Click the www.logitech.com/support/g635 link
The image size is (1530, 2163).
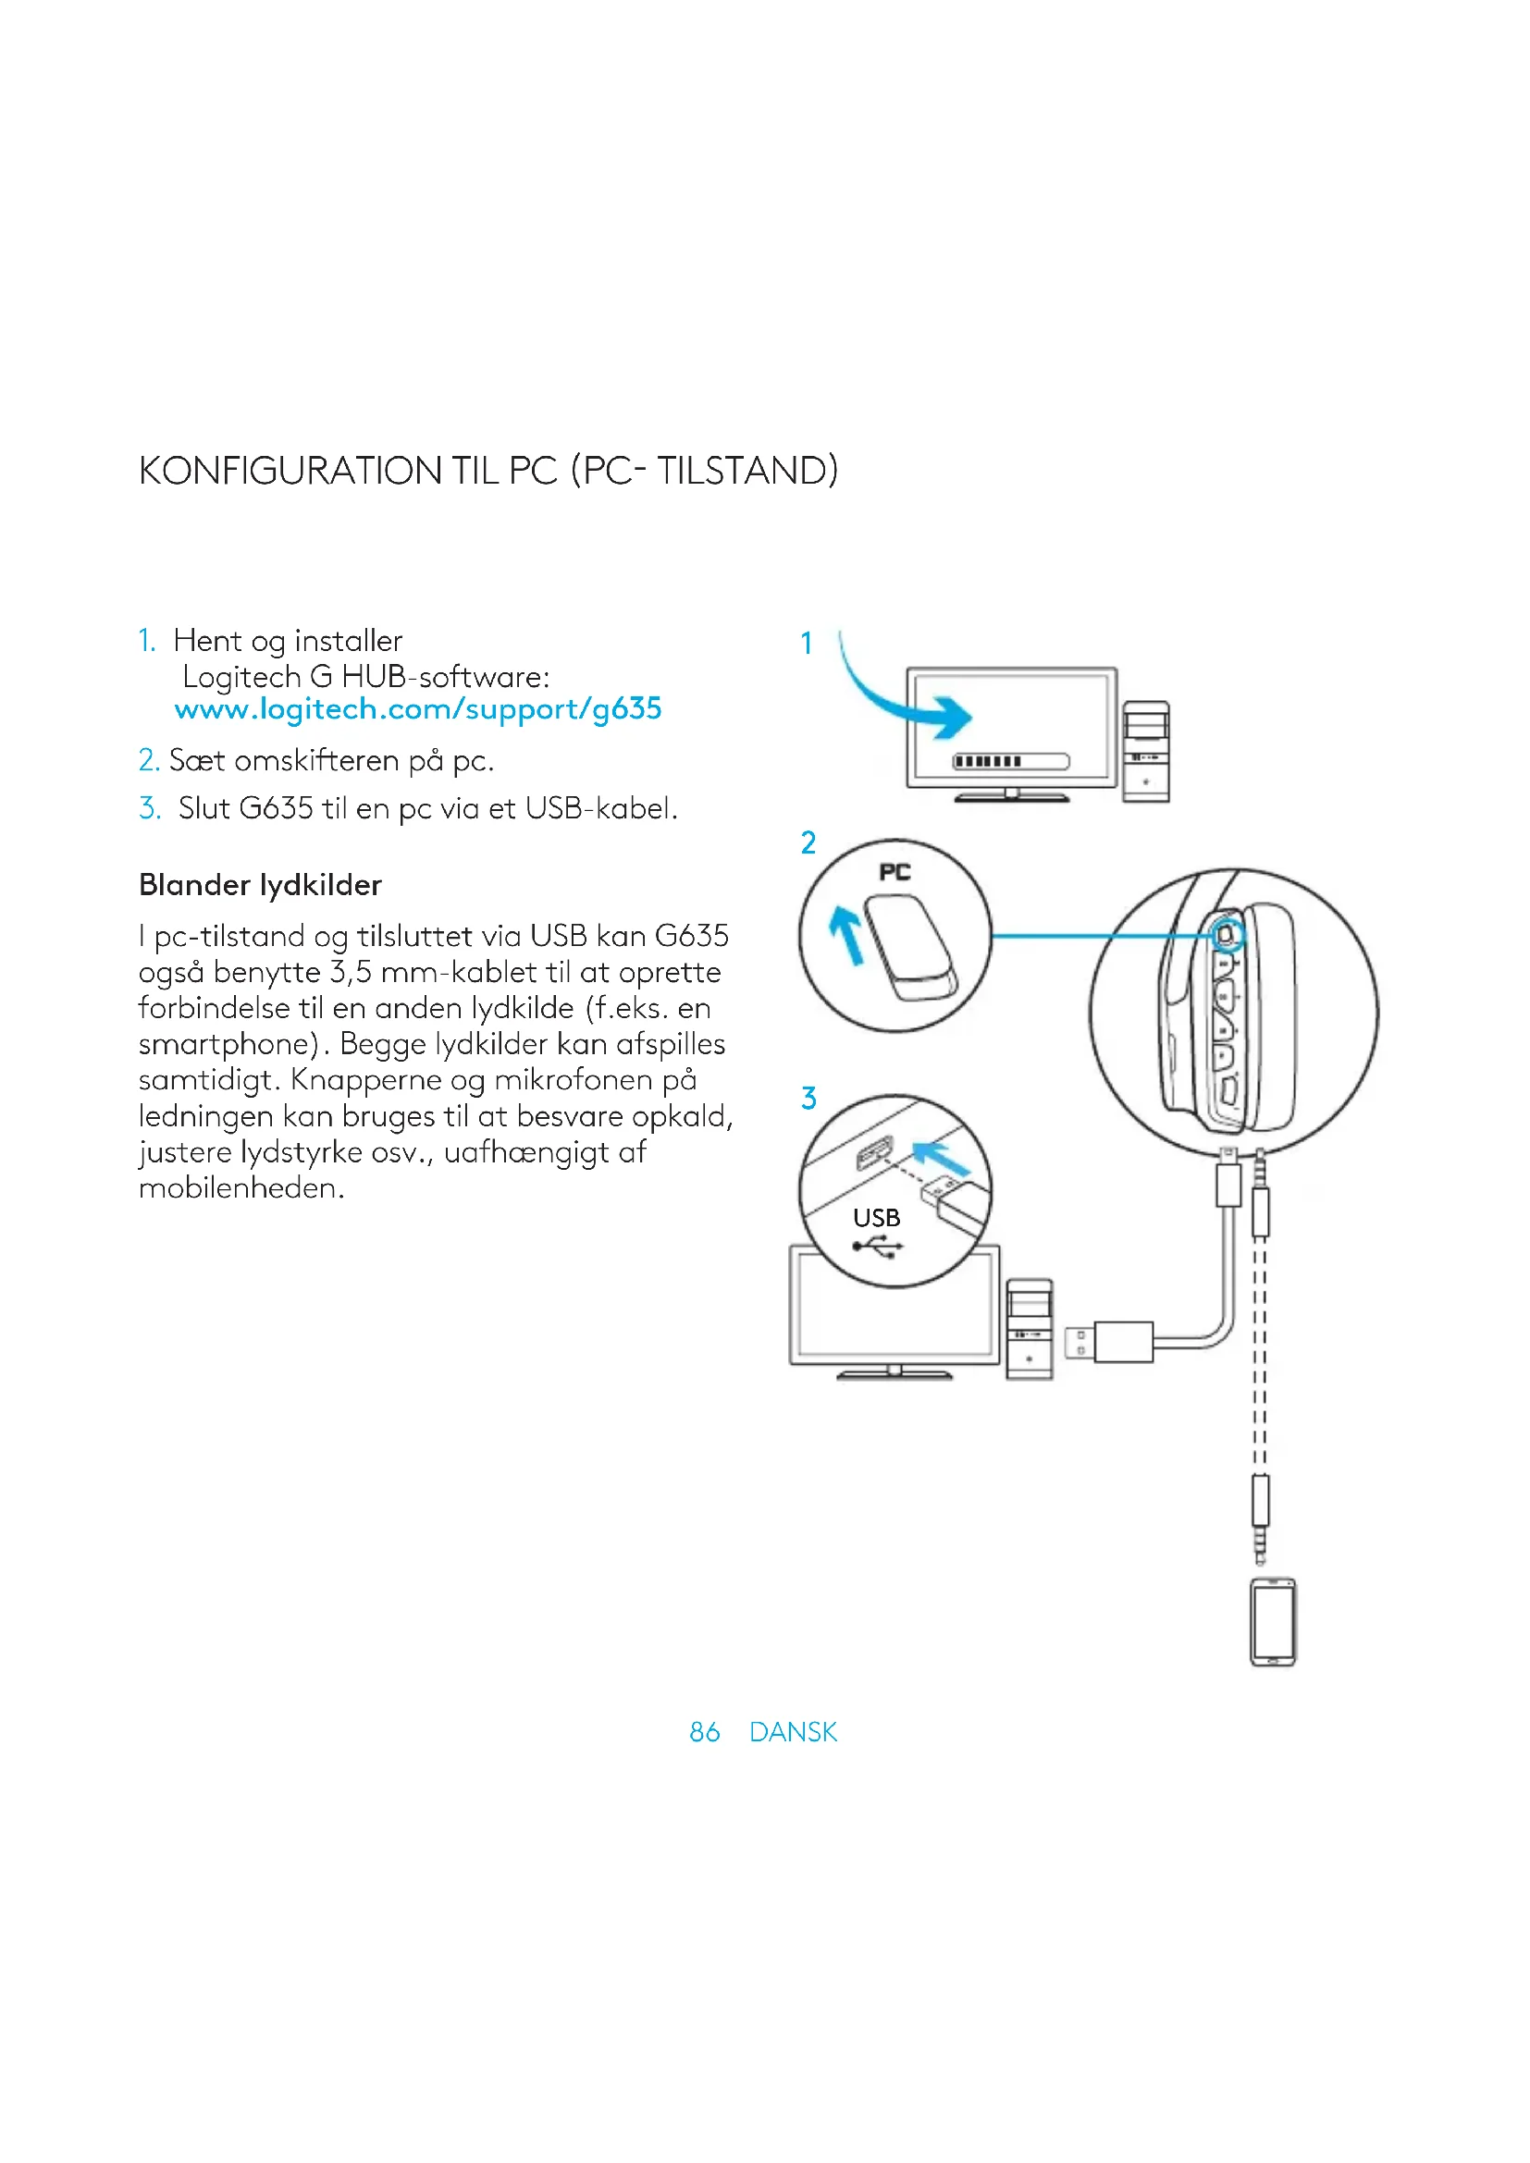tap(418, 709)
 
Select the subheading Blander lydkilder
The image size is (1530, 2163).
tap(260, 885)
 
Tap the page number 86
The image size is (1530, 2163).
tap(704, 1731)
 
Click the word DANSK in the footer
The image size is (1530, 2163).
tap(794, 1731)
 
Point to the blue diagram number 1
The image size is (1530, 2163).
tap(807, 644)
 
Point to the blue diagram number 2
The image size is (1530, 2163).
tap(808, 843)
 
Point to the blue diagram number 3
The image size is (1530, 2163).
tap(808, 1099)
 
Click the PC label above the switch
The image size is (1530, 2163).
tap(895, 872)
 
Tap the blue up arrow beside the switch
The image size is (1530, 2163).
tap(847, 934)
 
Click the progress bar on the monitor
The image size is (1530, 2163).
tap(1011, 761)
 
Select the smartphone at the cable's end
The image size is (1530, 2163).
tap(1273, 1622)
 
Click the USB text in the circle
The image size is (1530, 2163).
tap(876, 1218)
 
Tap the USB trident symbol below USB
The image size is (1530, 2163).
tap(877, 1247)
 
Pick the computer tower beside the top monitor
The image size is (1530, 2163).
tap(1145, 752)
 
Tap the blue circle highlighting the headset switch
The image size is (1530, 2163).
tap(1226, 936)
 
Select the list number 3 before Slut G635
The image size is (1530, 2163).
tap(149, 808)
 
